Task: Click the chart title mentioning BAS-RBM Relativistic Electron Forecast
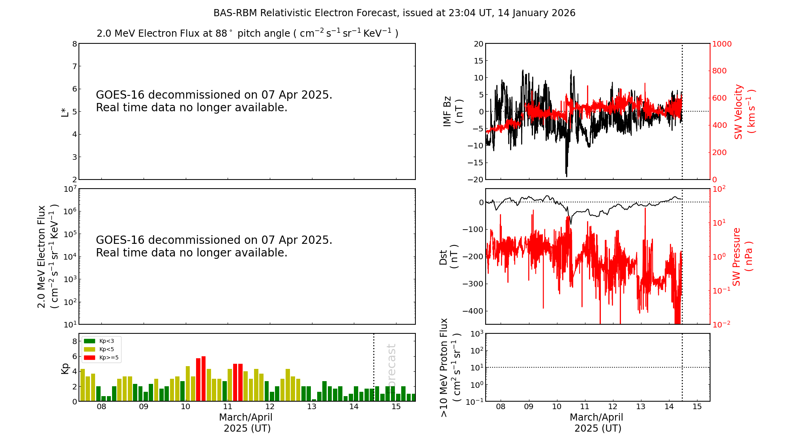click(x=394, y=13)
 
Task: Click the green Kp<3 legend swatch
click(x=90, y=341)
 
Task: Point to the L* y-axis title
click(x=65, y=112)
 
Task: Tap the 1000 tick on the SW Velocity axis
click(x=722, y=44)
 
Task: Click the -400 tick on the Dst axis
click(x=472, y=311)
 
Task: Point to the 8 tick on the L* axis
click(x=74, y=44)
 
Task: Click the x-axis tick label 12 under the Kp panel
click(x=270, y=407)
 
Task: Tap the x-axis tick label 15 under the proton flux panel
click(x=697, y=407)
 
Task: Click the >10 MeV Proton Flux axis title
click(x=450, y=368)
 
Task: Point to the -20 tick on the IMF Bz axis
click(x=475, y=180)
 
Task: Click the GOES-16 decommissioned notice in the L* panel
click(x=214, y=101)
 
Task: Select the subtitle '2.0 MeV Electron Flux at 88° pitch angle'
click(x=247, y=34)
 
